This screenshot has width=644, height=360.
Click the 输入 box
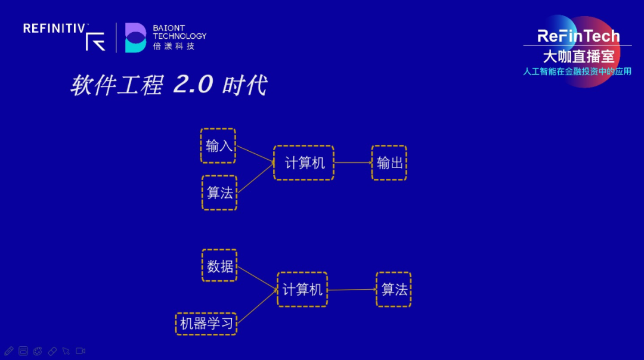point(218,146)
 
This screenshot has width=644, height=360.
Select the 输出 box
point(389,163)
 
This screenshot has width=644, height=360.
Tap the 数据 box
point(219,266)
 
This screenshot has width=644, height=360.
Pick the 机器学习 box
point(206,324)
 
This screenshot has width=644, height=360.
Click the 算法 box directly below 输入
point(219,193)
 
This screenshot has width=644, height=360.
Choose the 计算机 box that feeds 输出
point(304,163)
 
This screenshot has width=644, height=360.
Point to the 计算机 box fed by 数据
point(302,290)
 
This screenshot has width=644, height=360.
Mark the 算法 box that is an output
point(394,290)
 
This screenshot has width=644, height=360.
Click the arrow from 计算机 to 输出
point(352,163)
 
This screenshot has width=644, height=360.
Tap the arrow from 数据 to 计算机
point(257,278)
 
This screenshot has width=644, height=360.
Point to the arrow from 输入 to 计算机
point(254,154)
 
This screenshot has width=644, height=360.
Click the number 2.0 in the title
point(193,85)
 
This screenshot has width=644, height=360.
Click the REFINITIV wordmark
point(55,28)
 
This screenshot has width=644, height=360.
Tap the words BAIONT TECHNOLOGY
point(179,32)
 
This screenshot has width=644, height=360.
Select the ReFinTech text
point(578,36)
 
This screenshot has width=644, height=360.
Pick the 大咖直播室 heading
point(578,57)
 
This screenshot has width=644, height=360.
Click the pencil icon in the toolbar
point(8,351)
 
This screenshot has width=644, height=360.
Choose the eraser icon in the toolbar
point(52,351)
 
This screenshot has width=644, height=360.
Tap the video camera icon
point(80,351)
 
